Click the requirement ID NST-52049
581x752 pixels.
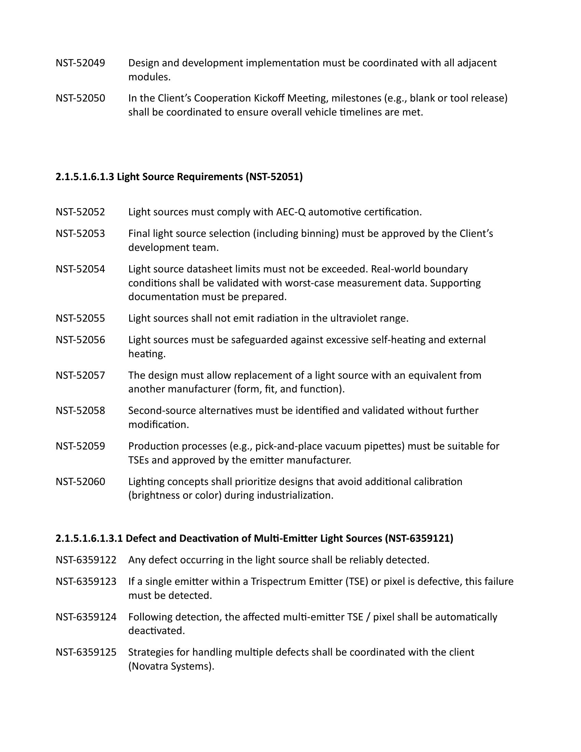point(80,63)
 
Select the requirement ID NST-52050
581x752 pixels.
point(80,98)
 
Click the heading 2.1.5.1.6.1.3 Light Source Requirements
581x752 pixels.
point(179,177)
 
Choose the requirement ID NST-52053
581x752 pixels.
point(80,233)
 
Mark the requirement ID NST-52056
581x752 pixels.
point(80,340)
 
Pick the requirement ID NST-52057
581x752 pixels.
point(80,375)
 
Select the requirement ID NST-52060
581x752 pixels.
point(80,481)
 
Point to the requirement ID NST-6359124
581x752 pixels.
point(86,617)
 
